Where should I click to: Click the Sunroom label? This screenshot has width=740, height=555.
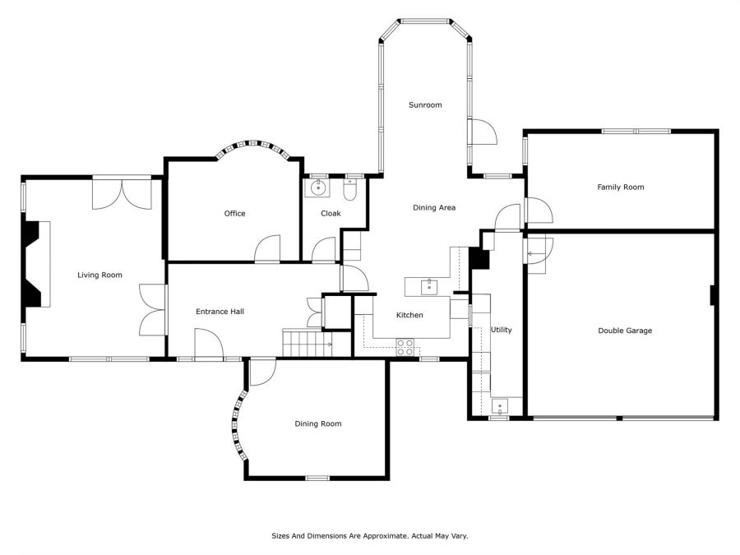(425, 104)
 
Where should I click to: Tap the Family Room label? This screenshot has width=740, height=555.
(621, 187)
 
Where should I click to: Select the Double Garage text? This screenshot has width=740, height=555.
(625, 331)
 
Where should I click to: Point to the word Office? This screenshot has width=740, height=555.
(234, 213)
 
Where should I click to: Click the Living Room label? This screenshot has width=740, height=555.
(99, 275)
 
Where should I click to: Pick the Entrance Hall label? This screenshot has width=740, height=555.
(220, 312)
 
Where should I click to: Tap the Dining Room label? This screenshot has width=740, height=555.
(318, 423)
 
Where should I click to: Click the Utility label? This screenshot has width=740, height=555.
(502, 330)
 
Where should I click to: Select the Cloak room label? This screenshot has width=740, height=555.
(331, 213)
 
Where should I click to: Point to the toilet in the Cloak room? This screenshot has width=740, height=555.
(350, 190)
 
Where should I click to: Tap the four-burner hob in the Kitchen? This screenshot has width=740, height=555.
(405, 347)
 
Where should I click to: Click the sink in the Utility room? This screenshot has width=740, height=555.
(500, 406)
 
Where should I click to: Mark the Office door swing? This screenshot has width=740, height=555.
(267, 247)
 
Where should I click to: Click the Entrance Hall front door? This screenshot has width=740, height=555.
(209, 344)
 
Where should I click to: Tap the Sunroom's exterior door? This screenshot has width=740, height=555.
(483, 132)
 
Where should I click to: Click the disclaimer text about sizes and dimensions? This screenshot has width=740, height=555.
(369, 535)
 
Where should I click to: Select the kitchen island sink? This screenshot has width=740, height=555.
(429, 286)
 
